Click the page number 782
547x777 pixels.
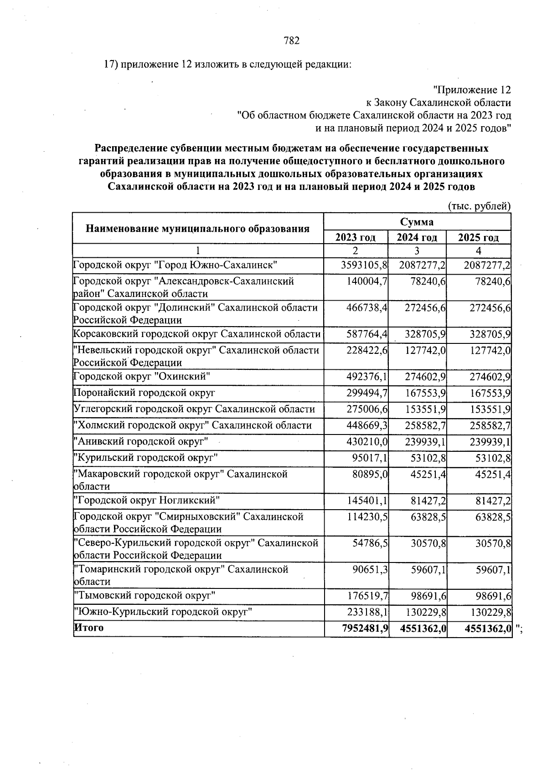click(291, 41)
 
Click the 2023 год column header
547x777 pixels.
click(355, 237)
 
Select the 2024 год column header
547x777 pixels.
click(417, 237)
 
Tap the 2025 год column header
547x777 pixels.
click(478, 237)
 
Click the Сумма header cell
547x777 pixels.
click(417, 222)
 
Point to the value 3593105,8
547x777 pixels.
click(364, 265)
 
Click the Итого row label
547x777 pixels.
click(88, 628)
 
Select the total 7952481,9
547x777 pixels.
click(365, 629)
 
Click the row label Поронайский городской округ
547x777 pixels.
click(144, 393)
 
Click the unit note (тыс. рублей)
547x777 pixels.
click(480, 206)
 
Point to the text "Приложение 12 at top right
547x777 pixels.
click(471, 90)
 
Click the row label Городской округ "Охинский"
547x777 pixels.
click(142, 377)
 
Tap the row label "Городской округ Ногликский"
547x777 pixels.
click(146, 501)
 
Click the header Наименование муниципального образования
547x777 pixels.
click(198, 229)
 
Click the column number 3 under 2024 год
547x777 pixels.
click(417, 250)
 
